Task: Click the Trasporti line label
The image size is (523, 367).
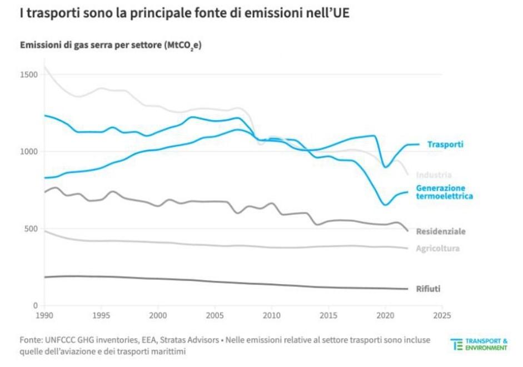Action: pyautogui.click(x=445, y=145)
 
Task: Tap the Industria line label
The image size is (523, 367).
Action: pyautogui.click(x=434, y=175)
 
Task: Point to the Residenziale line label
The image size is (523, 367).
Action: pyautogui.click(x=441, y=231)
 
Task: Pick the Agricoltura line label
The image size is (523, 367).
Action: pyautogui.click(x=437, y=249)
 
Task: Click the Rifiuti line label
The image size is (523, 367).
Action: pyautogui.click(x=429, y=289)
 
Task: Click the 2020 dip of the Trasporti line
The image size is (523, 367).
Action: pyautogui.click(x=386, y=166)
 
